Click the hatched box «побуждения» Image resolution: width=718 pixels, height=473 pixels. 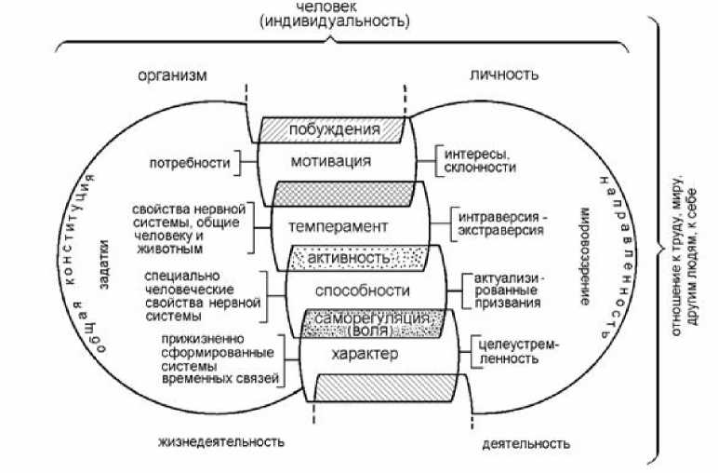[x=334, y=129]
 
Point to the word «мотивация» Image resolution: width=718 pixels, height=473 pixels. [x=330, y=161]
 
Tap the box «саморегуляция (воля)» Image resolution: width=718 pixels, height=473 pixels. [x=371, y=322]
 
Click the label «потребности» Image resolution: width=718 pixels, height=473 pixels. [x=189, y=164]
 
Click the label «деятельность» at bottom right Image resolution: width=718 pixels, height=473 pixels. [x=522, y=445]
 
